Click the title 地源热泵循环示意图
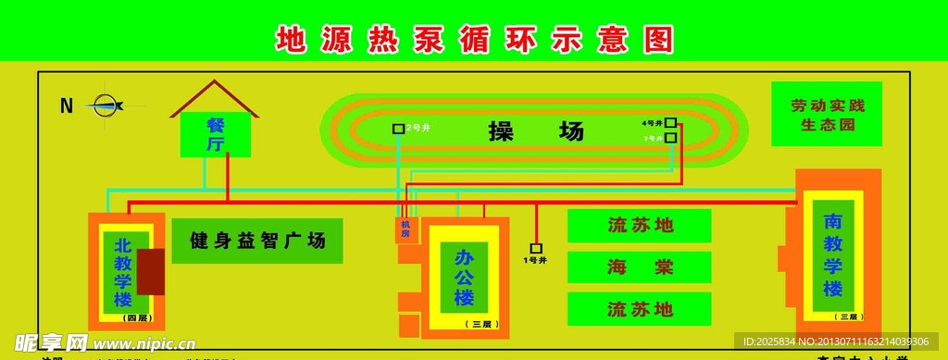474,39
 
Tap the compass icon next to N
107,105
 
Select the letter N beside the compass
67,106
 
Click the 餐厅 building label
215,134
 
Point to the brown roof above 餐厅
214,96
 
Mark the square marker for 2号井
398,129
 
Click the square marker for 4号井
670,122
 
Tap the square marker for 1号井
536,248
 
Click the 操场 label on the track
537,131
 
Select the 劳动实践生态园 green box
827,114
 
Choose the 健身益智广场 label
257,242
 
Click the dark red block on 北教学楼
150,271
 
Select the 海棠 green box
639,267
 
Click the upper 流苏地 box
639,225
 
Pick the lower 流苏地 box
639,309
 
